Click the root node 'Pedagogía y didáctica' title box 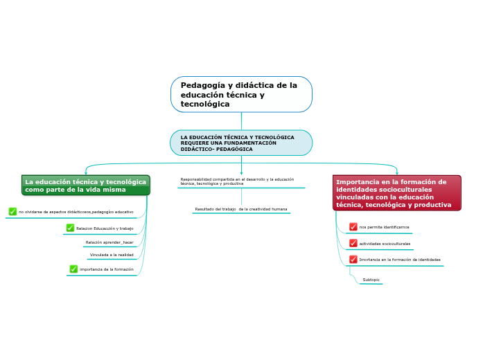click(241, 94)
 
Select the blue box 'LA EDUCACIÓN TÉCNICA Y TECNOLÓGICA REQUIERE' click(241, 143)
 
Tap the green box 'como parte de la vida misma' click(85, 186)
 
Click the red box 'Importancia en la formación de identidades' click(396, 193)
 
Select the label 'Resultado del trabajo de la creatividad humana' click(240, 209)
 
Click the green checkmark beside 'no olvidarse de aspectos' click(12, 212)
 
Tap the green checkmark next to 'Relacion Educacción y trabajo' click(70, 228)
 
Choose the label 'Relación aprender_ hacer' click(109, 242)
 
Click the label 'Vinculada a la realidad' click(112, 255)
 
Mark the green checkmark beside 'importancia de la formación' click(73, 269)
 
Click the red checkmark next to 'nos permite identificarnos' click(353, 227)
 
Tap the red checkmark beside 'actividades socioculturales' click(353, 244)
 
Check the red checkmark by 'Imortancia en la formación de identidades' click(353, 260)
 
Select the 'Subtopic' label click(371, 280)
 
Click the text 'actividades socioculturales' click(385, 244)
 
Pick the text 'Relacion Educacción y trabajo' click(105, 228)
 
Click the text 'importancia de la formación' click(107, 269)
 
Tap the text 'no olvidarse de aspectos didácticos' click(76, 212)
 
